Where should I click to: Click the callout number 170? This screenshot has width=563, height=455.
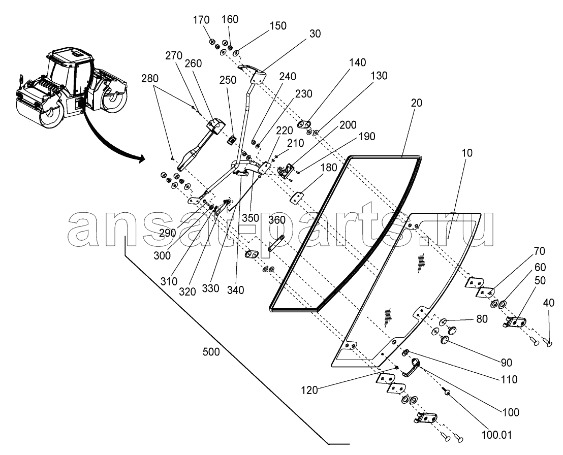click(x=201, y=20)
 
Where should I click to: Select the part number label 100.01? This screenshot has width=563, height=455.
click(x=496, y=435)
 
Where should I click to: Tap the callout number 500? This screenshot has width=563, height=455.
click(x=211, y=352)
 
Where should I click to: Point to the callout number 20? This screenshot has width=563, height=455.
click(x=417, y=103)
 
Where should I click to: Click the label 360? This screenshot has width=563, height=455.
click(x=277, y=220)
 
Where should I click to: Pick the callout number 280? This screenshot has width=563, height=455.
click(x=150, y=78)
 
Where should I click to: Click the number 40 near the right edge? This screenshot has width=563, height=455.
click(x=549, y=303)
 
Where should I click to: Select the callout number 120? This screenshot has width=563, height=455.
click(x=309, y=390)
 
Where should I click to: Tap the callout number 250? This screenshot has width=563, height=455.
click(x=228, y=80)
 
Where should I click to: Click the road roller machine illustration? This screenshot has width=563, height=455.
click(x=72, y=87)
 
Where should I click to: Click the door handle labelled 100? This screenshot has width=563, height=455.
click(x=411, y=368)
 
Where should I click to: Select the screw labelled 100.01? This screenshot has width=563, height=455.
click(x=447, y=392)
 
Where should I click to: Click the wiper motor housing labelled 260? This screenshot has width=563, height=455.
click(x=216, y=126)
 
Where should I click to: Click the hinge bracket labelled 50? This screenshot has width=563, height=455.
click(x=514, y=322)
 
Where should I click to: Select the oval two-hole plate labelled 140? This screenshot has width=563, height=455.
click(x=304, y=124)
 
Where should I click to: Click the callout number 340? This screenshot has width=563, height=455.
click(x=236, y=289)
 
